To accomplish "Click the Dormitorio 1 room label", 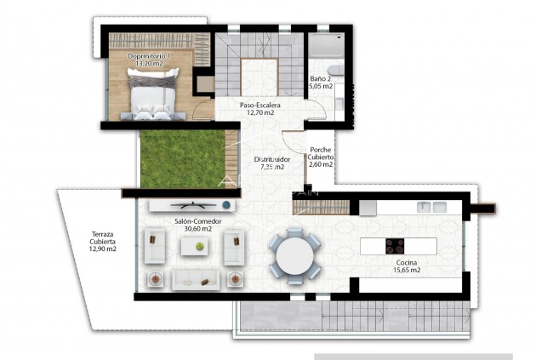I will click(x=149, y=56).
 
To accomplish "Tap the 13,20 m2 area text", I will click(x=149, y=65).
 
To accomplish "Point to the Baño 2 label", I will click(x=321, y=77).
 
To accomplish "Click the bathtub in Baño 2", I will click(x=325, y=48).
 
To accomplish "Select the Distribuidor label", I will click(x=272, y=159).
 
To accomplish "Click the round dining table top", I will click(x=294, y=253).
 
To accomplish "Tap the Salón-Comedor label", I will click(x=192, y=220).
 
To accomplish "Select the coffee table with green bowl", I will click(x=199, y=245).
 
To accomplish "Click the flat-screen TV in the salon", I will click(x=187, y=205).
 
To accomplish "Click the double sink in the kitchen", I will click(x=431, y=207).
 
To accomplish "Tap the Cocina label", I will click(x=408, y=261).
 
